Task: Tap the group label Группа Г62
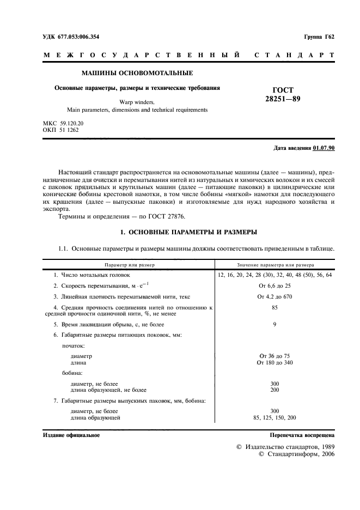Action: click(319, 37)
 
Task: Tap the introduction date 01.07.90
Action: click(324, 148)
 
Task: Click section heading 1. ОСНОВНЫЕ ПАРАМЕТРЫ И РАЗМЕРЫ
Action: click(188, 232)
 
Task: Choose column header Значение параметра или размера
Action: click(275, 265)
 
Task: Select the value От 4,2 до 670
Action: click(274, 297)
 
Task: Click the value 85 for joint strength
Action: click(274, 308)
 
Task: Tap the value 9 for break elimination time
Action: click(274, 324)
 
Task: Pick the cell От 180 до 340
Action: click(274, 362)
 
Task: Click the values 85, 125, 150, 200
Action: click(274, 418)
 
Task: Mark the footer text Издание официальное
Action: click(71, 436)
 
